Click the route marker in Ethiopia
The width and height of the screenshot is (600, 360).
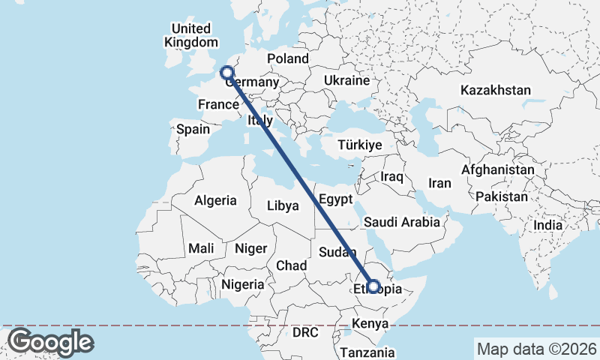click(x=373, y=286)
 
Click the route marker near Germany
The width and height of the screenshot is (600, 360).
click(x=226, y=73)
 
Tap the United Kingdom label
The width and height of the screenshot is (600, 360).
click(x=190, y=36)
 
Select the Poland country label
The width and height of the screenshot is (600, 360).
click(x=288, y=58)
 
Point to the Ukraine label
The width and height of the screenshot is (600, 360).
click(x=346, y=80)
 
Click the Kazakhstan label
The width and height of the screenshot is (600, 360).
click(x=496, y=90)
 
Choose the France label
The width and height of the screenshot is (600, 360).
click(x=218, y=104)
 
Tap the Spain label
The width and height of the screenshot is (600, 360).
click(x=193, y=129)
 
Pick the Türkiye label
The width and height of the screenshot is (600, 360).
click(x=360, y=145)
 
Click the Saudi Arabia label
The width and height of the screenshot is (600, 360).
click(x=401, y=222)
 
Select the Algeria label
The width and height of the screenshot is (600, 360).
click(x=215, y=201)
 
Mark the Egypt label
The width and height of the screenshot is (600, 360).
click(x=335, y=199)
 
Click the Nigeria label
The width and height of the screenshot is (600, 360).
click(x=242, y=284)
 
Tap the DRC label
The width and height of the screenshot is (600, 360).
click(x=306, y=331)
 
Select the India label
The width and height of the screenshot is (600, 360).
click(x=547, y=225)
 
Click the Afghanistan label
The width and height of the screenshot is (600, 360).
click(x=498, y=170)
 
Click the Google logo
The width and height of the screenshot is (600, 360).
click(x=50, y=342)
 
